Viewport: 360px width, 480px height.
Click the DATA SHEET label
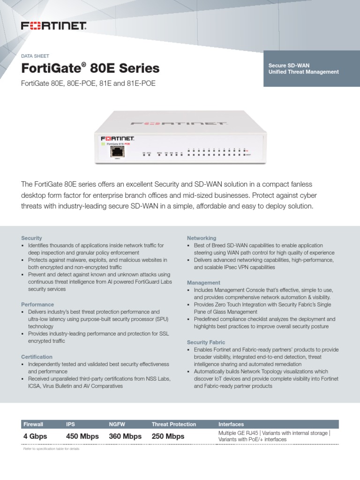coord(35,56)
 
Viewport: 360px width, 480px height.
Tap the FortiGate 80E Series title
coord(90,69)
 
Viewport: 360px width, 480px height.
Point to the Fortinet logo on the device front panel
coord(118,139)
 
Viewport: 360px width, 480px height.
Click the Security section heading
coord(32,238)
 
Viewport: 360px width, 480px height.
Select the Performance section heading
coord(37,304)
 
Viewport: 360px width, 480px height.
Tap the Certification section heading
coord(37,357)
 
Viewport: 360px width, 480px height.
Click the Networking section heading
coord(202,238)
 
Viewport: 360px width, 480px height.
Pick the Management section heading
coord(203,283)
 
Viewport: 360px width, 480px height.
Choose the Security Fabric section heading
coord(206,342)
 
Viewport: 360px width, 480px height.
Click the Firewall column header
coord(33,424)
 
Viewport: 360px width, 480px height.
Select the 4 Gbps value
coord(35,436)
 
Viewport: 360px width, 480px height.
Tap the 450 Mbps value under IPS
coord(82,436)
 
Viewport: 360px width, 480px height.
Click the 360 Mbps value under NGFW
coord(125,436)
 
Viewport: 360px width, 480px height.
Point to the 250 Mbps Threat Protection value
coord(168,436)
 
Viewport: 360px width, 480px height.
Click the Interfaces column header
coord(231,424)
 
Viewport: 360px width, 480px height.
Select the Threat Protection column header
coord(174,424)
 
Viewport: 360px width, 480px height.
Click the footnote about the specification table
coord(52,449)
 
